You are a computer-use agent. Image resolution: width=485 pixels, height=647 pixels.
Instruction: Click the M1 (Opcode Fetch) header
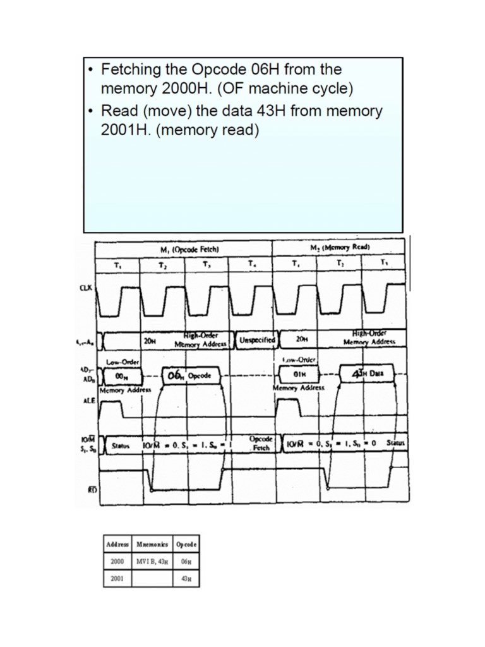pyautogui.click(x=184, y=249)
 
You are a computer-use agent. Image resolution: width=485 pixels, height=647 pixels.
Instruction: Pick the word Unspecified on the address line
pyautogui.click(x=257, y=339)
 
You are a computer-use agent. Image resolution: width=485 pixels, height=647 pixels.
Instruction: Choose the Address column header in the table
pyautogui.click(x=117, y=543)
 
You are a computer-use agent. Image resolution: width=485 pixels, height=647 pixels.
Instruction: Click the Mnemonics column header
pyautogui.click(x=152, y=543)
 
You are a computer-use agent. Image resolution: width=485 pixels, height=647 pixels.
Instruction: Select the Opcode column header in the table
pyautogui.click(x=186, y=543)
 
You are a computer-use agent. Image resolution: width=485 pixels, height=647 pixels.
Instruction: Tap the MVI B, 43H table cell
pyautogui.click(x=152, y=560)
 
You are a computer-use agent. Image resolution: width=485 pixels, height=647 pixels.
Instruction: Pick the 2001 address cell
pyautogui.click(x=117, y=577)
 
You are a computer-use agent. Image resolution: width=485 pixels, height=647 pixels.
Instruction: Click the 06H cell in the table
pyautogui.click(x=186, y=560)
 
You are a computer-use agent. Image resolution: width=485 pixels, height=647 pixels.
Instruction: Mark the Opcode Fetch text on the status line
pyautogui.click(x=261, y=444)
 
